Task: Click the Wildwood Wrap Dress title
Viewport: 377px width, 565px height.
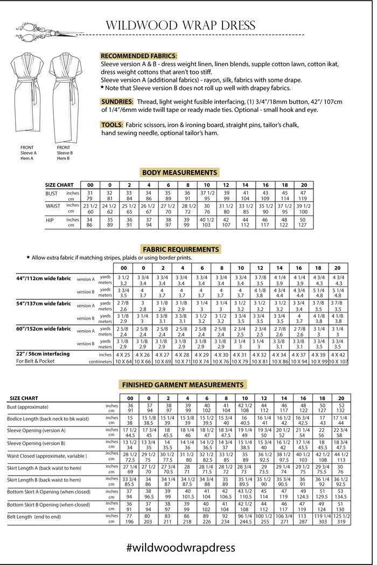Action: [180, 25]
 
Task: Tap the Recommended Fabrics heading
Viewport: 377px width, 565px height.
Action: [138, 55]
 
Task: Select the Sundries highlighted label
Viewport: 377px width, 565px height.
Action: [117, 101]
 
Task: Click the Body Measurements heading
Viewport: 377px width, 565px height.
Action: [179, 172]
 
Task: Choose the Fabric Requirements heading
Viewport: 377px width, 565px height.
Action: [180, 249]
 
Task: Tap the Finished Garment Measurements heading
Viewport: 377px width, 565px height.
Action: [183, 385]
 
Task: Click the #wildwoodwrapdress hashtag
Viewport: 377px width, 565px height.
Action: [181, 547]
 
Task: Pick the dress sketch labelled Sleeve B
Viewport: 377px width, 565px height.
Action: [67, 97]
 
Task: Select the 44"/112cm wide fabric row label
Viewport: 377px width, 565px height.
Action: [44, 278]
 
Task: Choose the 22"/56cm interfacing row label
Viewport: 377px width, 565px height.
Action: [43, 354]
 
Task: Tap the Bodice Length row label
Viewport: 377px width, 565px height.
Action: [47, 418]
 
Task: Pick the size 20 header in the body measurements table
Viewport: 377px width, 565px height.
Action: [304, 185]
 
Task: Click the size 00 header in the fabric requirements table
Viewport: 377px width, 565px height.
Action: [123, 268]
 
